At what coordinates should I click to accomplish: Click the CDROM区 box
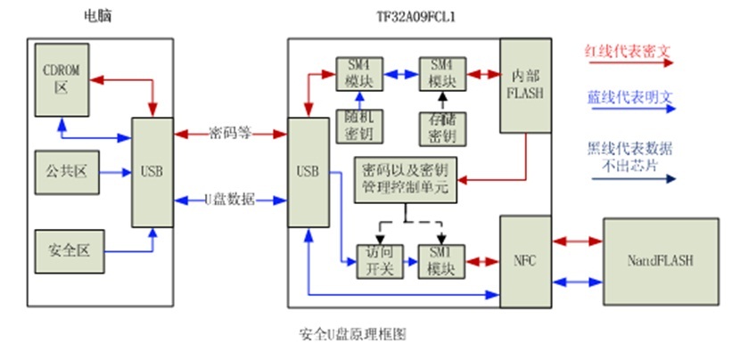click(62, 78)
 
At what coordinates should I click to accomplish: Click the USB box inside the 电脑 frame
click(154, 170)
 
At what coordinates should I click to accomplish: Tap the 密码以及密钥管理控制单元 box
click(407, 179)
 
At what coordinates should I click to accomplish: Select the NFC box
click(524, 258)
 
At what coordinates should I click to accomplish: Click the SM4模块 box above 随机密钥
click(358, 74)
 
